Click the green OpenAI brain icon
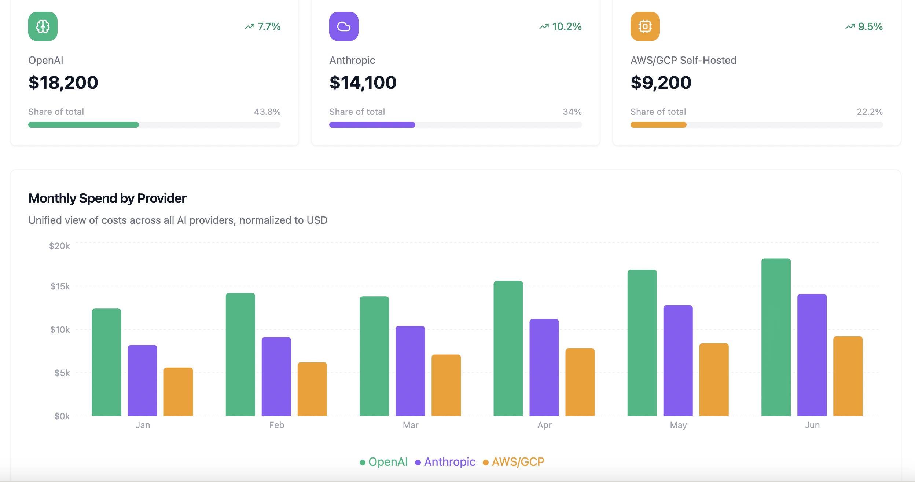click(43, 26)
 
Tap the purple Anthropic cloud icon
click(343, 26)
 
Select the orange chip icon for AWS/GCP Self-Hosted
click(645, 26)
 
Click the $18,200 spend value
click(63, 83)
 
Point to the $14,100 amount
click(363, 83)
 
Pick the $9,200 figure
click(661, 83)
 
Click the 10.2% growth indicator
click(561, 26)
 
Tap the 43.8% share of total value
click(267, 112)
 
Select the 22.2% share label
click(870, 112)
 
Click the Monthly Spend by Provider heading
click(107, 198)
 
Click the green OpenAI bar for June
click(776, 337)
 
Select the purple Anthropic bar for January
click(142, 380)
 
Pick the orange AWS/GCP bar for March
click(446, 385)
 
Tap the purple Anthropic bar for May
click(678, 361)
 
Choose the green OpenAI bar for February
click(240, 354)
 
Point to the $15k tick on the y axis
click(60, 286)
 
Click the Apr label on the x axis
click(544, 425)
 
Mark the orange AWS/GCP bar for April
click(580, 382)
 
